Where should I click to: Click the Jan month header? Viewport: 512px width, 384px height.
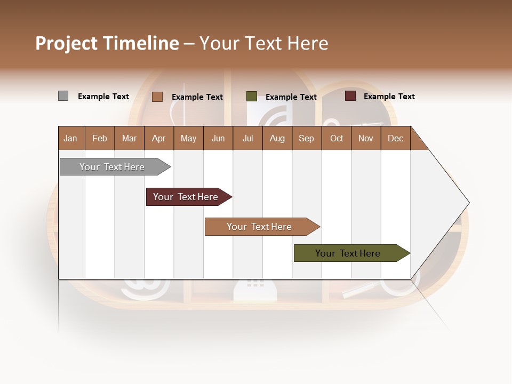click(x=70, y=138)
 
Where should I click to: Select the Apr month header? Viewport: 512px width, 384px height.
click(x=159, y=138)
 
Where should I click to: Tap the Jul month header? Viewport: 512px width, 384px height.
click(x=247, y=138)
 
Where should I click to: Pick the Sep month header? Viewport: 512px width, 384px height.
click(x=306, y=138)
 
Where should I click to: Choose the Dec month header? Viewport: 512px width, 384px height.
click(x=395, y=138)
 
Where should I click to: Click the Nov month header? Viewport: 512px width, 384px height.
click(x=365, y=138)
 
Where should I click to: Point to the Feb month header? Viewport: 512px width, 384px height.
click(x=100, y=138)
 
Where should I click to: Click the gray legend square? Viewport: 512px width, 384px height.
click(x=63, y=96)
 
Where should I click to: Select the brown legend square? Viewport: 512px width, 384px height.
click(x=157, y=97)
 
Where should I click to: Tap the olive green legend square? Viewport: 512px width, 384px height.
click(x=251, y=97)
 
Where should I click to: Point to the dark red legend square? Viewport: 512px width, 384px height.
click(x=350, y=96)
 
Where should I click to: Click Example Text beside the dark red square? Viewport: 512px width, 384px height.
click(x=389, y=97)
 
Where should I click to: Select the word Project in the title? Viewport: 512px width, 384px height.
click(x=67, y=43)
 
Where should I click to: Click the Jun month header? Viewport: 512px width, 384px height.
click(x=218, y=138)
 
